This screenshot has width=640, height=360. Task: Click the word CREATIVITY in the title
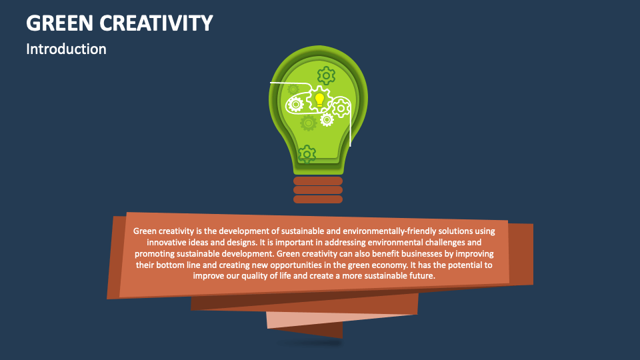[x=158, y=23]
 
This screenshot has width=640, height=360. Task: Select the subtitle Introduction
[x=66, y=49]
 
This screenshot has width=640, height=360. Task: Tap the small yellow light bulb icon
[x=319, y=100]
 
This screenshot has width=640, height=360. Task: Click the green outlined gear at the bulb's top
[x=326, y=73]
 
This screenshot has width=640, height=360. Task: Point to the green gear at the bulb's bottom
[x=306, y=154]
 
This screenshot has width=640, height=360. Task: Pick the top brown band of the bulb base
[x=318, y=181]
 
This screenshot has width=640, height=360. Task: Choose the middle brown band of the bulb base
[x=318, y=190]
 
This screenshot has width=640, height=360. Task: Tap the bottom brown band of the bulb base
[x=318, y=199]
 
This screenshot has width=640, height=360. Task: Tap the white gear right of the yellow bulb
[x=341, y=107]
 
